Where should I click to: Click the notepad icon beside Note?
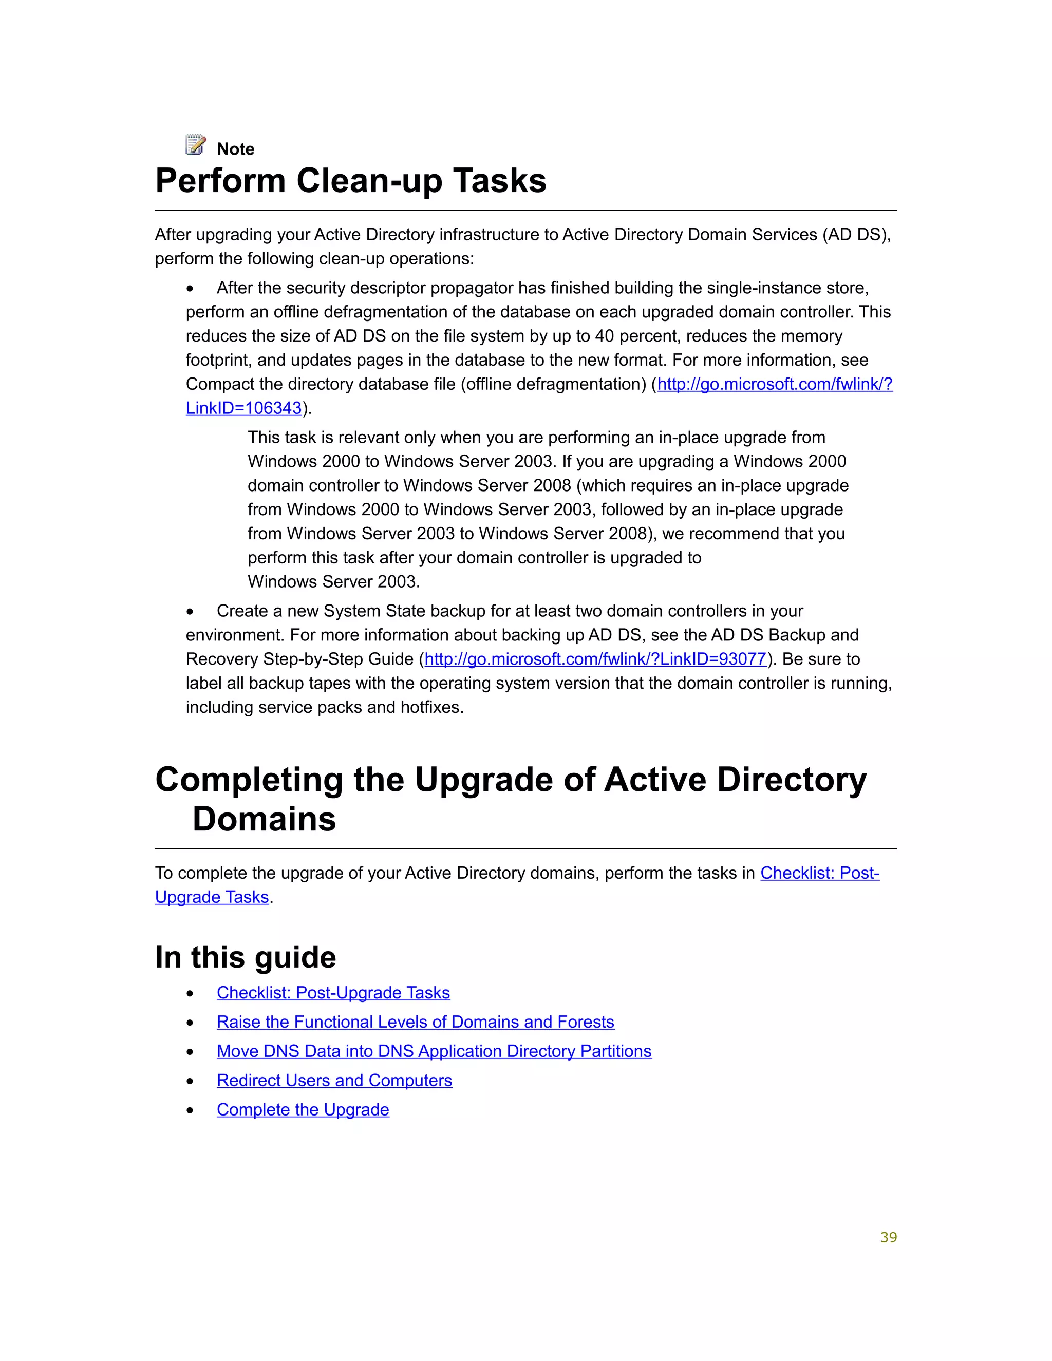196,145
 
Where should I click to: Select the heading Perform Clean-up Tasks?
350,181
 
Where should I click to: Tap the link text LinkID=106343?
243,408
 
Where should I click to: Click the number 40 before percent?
604,336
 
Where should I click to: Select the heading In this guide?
246,957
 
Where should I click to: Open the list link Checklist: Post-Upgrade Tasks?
333,993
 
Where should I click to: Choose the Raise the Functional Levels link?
415,1022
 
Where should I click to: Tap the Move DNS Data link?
434,1051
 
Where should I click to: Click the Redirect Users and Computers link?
334,1081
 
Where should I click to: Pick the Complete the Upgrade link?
303,1110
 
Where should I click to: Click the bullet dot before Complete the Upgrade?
190,1110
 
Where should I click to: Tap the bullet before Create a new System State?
190,612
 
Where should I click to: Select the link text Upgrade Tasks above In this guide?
212,897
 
